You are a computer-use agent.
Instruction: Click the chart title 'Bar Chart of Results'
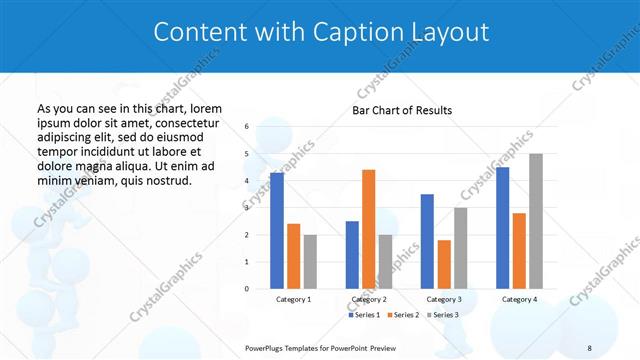point(401,110)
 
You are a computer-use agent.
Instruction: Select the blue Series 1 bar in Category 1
point(277,231)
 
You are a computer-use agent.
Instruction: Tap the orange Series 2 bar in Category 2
point(368,229)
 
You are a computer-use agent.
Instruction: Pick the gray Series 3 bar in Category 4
point(536,221)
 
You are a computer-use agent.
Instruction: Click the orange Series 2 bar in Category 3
point(444,264)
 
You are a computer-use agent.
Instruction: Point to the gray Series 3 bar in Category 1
point(310,262)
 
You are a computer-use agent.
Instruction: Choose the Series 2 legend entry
point(403,315)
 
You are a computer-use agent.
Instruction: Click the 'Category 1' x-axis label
point(293,299)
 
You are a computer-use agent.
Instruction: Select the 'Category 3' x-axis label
point(444,299)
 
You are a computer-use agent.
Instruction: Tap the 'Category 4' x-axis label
point(519,299)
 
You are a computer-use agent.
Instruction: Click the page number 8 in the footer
point(589,347)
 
